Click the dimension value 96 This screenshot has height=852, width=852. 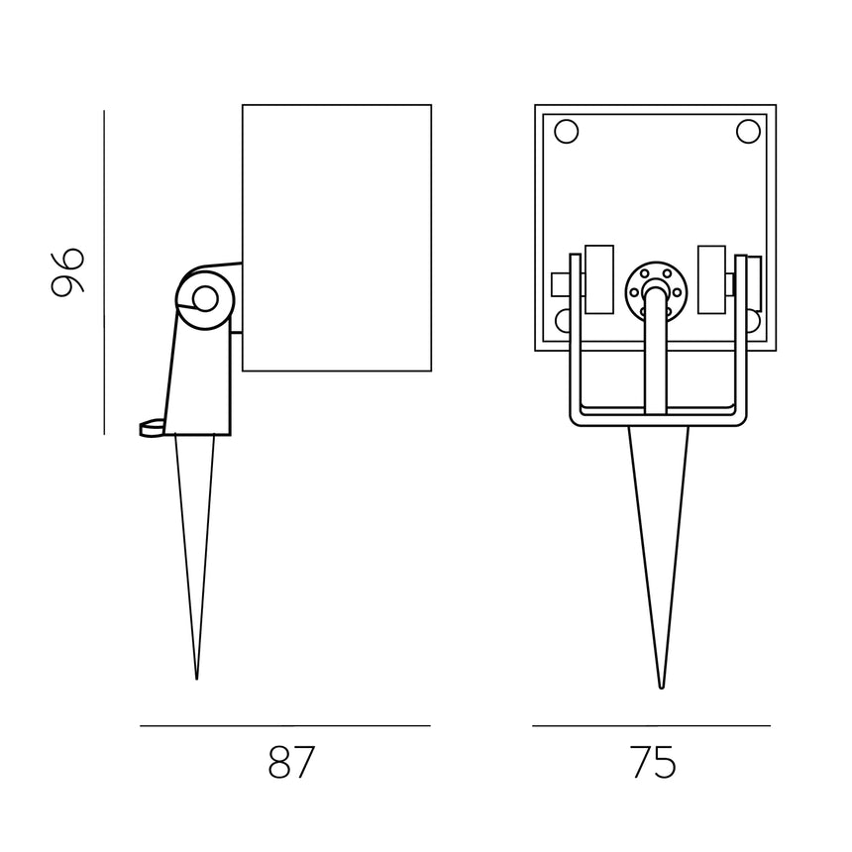click(x=67, y=272)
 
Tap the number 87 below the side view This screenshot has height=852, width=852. click(x=291, y=762)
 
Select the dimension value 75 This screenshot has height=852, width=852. click(x=654, y=762)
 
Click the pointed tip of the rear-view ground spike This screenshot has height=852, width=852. click(x=661, y=688)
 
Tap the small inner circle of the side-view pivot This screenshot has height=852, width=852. click(x=205, y=299)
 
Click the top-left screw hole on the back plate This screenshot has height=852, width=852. click(x=567, y=132)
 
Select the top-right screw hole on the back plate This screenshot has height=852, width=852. click(x=748, y=132)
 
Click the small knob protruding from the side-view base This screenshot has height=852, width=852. click(x=153, y=428)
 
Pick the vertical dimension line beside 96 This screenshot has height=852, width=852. click(x=104, y=272)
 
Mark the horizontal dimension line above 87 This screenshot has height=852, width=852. click(x=285, y=725)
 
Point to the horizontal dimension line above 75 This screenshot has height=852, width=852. click(x=652, y=725)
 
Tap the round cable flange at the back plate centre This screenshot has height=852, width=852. click(x=656, y=292)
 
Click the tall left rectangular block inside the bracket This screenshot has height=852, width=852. click(x=598, y=279)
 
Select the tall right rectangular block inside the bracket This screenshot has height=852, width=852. click(x=711, y=279)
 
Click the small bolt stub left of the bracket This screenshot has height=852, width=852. click(x=561, y=284)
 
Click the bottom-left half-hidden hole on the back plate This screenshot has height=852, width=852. click(x=563, y=321)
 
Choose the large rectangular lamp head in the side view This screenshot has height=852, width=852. click(x=337, y=238)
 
